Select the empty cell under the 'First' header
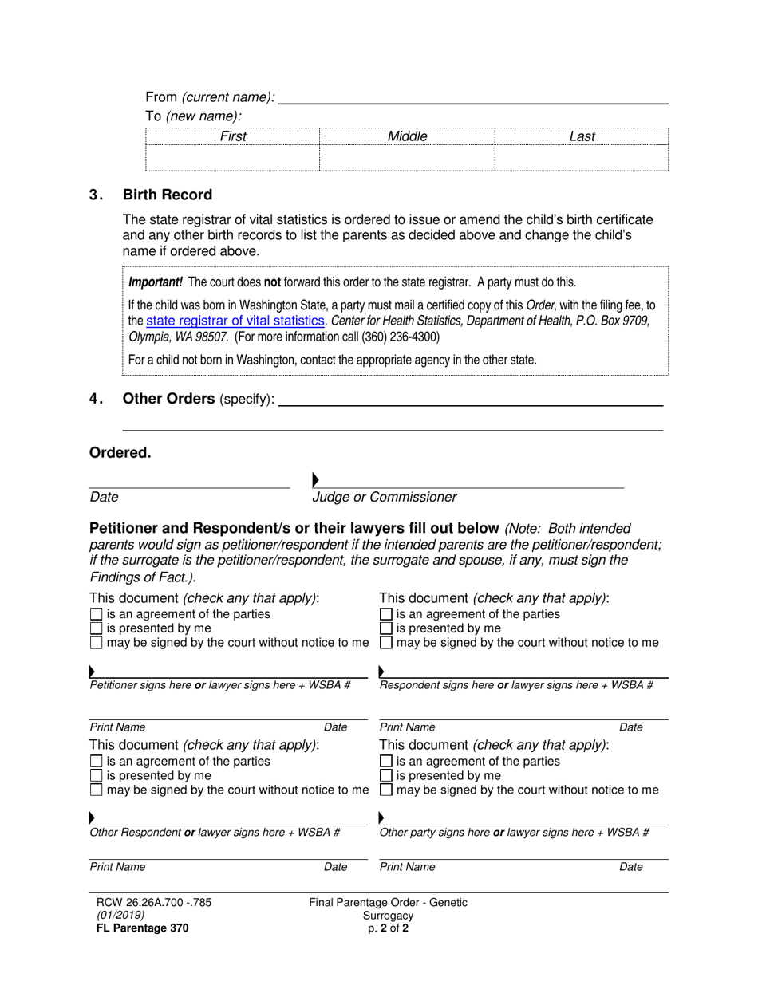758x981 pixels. tap(232, 158)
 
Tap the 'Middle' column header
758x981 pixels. tap(407, 136)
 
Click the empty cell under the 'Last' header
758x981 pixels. tap(582, 158)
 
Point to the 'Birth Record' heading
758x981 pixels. tap(168, 195)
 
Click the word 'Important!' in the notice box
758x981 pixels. tap(156, 282)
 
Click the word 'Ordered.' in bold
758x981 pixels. tap(120, 453)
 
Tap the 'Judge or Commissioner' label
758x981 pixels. tap(384, 498)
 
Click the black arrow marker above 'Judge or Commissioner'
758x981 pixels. tap(316, 480)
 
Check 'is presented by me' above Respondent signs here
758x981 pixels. tap(385, 628)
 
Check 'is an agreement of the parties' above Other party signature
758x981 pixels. tap(385, 762)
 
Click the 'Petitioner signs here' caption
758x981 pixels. tap(140, 685)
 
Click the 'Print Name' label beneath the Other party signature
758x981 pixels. tap(407, 867)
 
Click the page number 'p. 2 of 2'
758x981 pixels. tap(388, 928)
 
